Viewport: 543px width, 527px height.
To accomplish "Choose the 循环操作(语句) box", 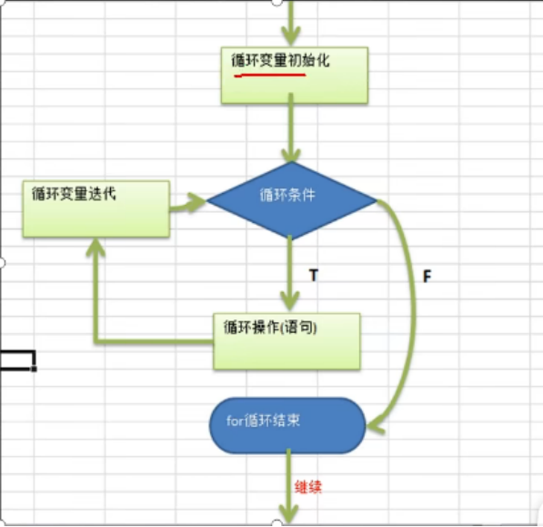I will tap(287, 341).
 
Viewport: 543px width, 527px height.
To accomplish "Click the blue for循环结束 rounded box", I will tap(287, 425).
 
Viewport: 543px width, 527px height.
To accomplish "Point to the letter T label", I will tap(313, 274).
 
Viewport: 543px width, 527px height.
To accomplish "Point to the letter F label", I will tap(426, 275).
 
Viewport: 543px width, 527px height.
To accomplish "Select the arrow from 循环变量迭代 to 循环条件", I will tap(188, 201).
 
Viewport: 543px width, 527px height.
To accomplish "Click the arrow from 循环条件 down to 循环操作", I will tap(290, 273).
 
